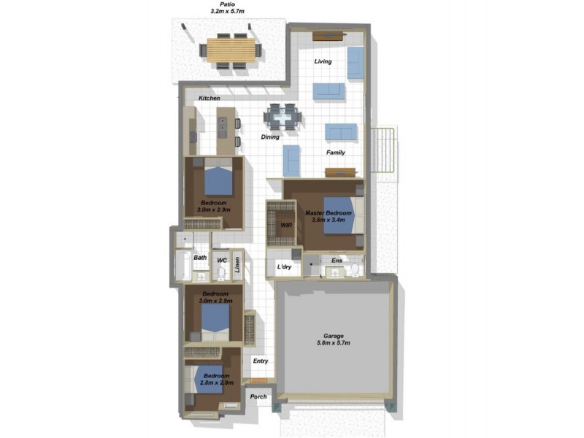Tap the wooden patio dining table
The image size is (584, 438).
tap(231, 50)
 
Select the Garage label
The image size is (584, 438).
tap(334, 336)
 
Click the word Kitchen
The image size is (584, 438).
tap(210, 99)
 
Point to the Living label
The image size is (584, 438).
tap(323, 61)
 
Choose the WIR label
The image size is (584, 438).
tap(286, 226)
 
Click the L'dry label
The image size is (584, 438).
tap(284, 268)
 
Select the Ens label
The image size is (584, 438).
tap(336, 261)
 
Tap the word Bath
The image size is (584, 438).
tap(200, 258)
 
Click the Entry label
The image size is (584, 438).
tap(261, 361)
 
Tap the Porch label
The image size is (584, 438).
tap(258, 397)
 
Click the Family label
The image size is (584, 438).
tap(335, 153)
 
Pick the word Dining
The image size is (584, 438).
tap(272, 137)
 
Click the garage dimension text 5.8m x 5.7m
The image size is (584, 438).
tap(334, 343)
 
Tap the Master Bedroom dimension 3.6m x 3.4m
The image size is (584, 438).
tap(331, 220)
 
